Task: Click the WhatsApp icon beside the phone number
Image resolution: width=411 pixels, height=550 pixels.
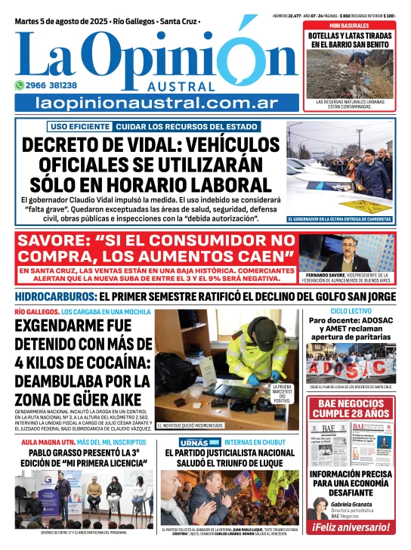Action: coord(20,85)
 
